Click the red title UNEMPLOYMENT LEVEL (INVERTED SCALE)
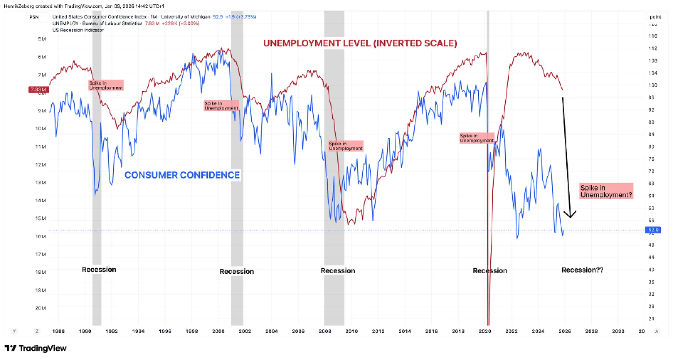pyautogui.click(x=360, y=43)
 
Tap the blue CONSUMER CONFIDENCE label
pyautogui.click(x=182, y=175)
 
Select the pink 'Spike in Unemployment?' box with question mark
pyautogui.click(x=606, y=191)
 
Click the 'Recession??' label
pyautogui.click(x=582, y=270)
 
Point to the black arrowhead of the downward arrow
pyautogui.click(x=570, y=215)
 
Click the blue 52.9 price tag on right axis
pyautogui.click(x=653, y=230)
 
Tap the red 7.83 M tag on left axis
pyautogui.click(x=38, y=89)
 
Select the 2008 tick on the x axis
pyautogui.click(x=325, y=331)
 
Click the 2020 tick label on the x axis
pyautogui.click(x=485, y=331)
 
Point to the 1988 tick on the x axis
pyautogui.click(x=58, y=331)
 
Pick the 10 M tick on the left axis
pyautogui.click(x=40, y=129)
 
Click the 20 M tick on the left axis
pyautogui.click(x=40, y=308)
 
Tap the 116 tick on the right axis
pyautogui.click(x=653, y=36)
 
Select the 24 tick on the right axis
pyautogui.click(x=651, y=319)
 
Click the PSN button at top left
pyautogui.click(x=34, y=17)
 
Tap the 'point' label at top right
pyautogui.click(x=655, y=17)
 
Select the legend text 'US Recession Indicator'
pyautogui.click(x=78, y=30)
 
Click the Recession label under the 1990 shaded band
pyautogui.click(x=99, y=270)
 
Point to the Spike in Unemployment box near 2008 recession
pyautogui.click(x=346, y=146)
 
